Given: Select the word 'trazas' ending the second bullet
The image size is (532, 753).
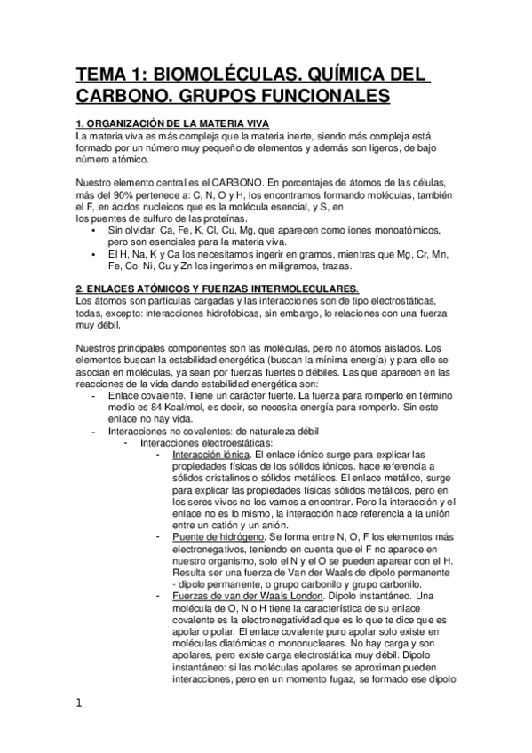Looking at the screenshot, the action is coord(333,265).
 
